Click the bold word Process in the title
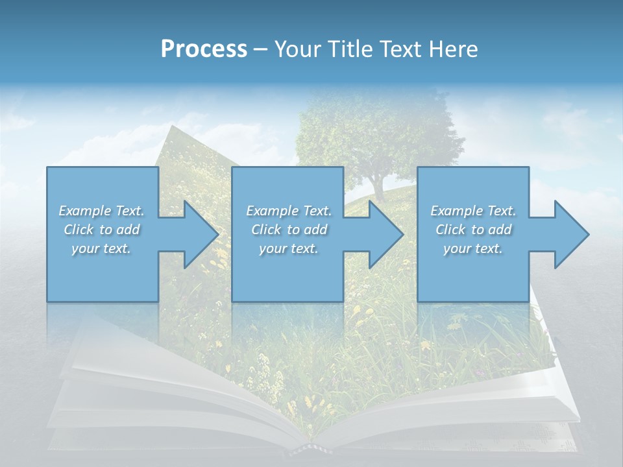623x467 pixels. pyautogui.click(x=204, y=49)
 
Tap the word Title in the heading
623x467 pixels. pyautogui.click(x=350, y=49)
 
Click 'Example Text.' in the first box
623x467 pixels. pyautogui.click(x=102, y=211)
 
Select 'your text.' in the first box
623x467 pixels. pyautogui.click(x=102, y=248)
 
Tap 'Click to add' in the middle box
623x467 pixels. pyautogui.click(x=289, y=230)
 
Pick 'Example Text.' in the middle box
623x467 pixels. pyautogui.click(x=289, y=211)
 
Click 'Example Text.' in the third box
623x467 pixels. pyautogui.click(x=473, y=211)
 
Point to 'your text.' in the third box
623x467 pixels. pyautogui.click(x=473, y=248)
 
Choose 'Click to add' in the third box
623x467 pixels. pyautogui.click(x=473, y=230)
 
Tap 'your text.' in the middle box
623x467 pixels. pyautogui.click(x=289, y=248)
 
